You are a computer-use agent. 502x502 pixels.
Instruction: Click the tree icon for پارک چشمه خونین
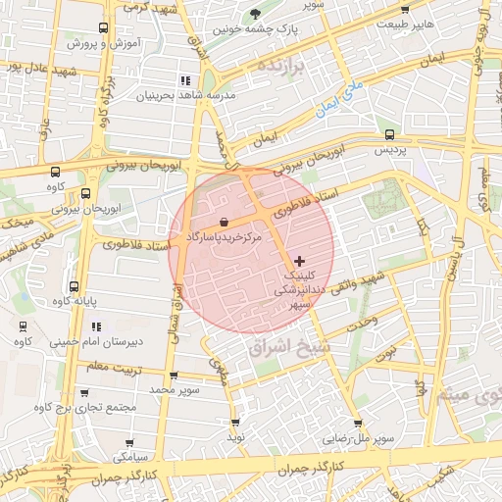pos(255,13)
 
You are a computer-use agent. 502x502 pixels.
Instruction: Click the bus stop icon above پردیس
pos(390,135)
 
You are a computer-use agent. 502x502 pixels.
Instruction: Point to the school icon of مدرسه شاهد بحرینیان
pos(184,79)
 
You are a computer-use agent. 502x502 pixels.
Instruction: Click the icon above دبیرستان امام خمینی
pos(24,326)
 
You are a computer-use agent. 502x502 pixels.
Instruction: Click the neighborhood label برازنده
pos(282,65)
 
